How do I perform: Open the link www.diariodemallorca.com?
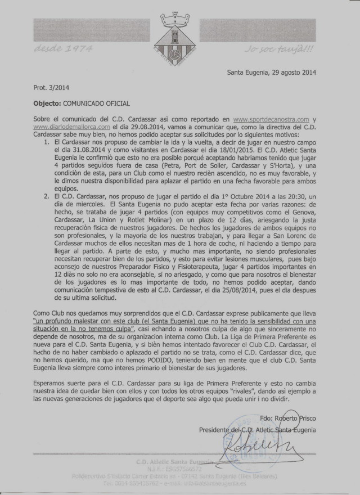pyautogui.click(x=62, y=128)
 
